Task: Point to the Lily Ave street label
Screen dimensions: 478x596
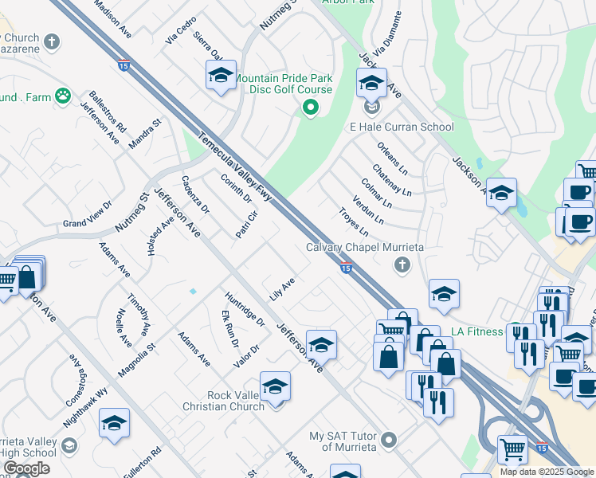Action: click(282, 288)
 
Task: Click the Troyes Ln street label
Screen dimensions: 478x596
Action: click(354, 221)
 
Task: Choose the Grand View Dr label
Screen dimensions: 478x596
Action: click(88, 213)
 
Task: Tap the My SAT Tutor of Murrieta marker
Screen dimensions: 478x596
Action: click(389, 439)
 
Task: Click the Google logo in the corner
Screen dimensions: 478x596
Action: click(26, 468)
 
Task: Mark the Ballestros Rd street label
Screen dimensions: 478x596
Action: click(108, 112)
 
